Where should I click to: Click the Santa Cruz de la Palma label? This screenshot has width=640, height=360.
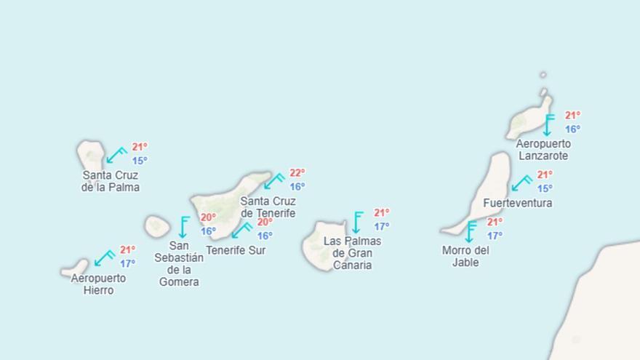pyautogui.click(x=111, y=181)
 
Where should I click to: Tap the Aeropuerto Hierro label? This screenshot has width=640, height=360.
pyautogui.click(x=98, y=284)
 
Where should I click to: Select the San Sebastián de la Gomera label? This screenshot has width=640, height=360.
pyautogui.click(x=179, y=263)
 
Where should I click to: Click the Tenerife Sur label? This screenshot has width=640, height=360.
pyautogui.click(x=236, y=250)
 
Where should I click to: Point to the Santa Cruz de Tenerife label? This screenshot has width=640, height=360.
pyautogui.click(x=268, y=207)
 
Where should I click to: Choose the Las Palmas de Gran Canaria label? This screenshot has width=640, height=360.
pyautogui.click(x=352, y=253)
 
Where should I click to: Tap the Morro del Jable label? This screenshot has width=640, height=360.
pyautogui.click(x=465, y=256)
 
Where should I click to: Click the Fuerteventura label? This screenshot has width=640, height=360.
pyautogui.click(x=517, y=203)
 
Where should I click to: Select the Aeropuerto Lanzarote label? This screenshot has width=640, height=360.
pyautogui.click(x=543, y=150)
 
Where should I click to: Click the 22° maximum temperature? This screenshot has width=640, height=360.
pyautogui.click(x=297, y=173)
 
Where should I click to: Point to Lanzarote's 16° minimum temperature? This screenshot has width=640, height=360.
pyautogui.click(x=572, y=129)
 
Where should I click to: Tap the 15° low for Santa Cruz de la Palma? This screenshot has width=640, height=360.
pyautogui.click(x=139, y=161)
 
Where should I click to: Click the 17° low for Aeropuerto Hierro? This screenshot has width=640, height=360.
pyautogui.click(x=128, y=263)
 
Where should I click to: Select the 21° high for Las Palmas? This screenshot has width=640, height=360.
pyautogui.click(x=382, y=213)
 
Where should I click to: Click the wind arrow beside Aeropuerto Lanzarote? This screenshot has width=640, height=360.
pyautogui.click(x=548, y=125)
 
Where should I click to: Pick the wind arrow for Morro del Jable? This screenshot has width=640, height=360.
pyautogui.click(x=471, y=231)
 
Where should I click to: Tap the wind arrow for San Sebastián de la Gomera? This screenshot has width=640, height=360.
pyautogui.click(x=183, y=227)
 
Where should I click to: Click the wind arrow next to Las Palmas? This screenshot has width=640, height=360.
pyautogui.click(x=356, y=223)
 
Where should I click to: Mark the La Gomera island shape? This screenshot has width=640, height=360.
pyautogui.click(x=156, y=226)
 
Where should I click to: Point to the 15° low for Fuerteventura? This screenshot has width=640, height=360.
pyautogui.click(x=545, y=188)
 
